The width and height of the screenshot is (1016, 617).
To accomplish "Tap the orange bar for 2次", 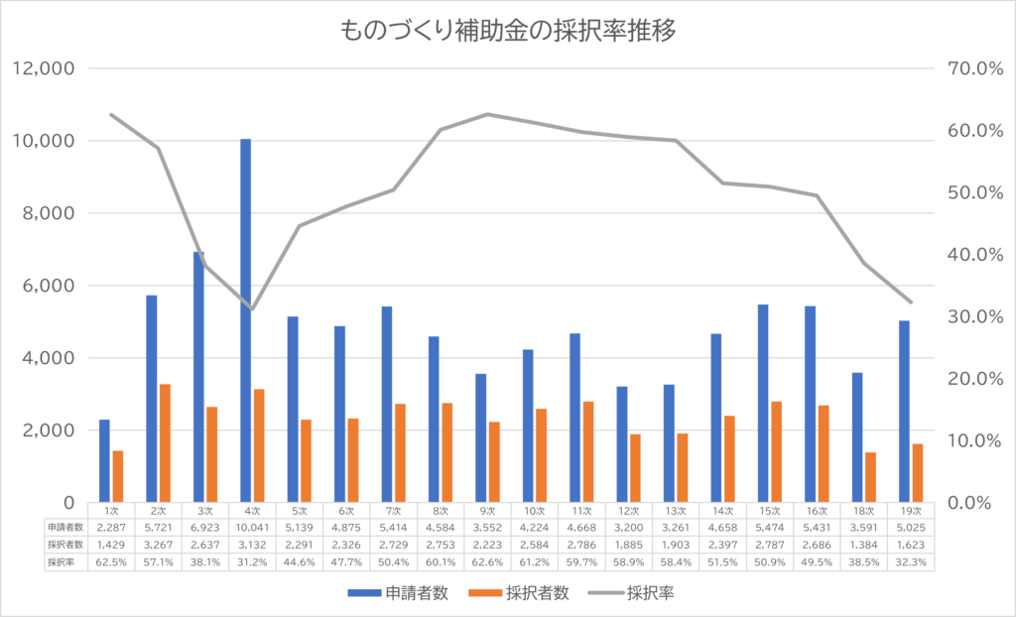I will (x=165, y=442).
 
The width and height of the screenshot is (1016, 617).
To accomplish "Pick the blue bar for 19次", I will (x=904, y=411).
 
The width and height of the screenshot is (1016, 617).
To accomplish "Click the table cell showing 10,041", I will (x=251, y=527).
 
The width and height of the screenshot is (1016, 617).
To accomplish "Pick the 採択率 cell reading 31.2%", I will (x=251, y=561).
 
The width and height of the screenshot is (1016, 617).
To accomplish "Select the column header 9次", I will (x=486, y=510).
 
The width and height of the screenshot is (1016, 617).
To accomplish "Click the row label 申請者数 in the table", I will (x=66, y=527).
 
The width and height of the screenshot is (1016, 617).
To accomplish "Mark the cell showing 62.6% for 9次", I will (x=486, y=561).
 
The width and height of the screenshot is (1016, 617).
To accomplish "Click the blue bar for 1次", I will (x=104, y=460).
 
